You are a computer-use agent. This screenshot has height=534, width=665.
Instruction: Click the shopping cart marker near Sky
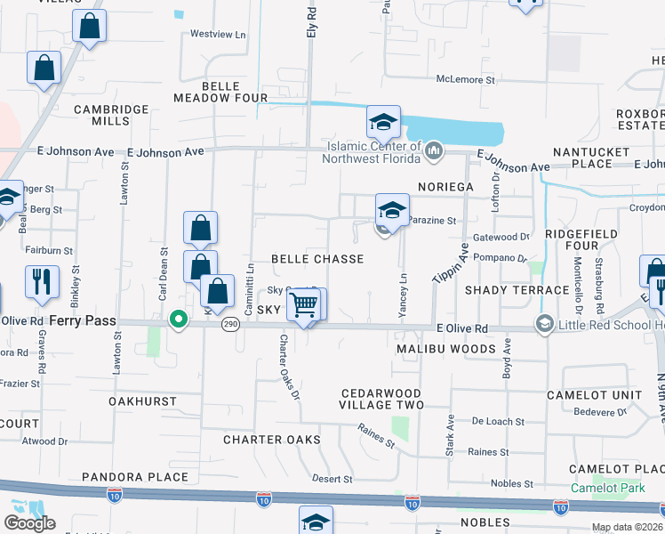305,305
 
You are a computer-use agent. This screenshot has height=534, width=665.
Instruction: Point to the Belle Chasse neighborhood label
317,259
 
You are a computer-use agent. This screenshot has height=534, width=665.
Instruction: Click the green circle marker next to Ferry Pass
179,320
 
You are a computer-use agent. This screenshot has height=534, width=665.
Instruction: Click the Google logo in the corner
29,523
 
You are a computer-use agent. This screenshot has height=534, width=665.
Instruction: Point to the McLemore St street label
464,79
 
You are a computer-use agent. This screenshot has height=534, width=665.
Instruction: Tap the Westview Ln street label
218,35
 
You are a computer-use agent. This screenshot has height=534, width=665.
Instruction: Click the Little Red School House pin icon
544,325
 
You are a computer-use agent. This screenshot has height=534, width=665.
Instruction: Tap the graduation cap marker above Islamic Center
383,122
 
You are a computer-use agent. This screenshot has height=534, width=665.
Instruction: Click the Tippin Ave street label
451,264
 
